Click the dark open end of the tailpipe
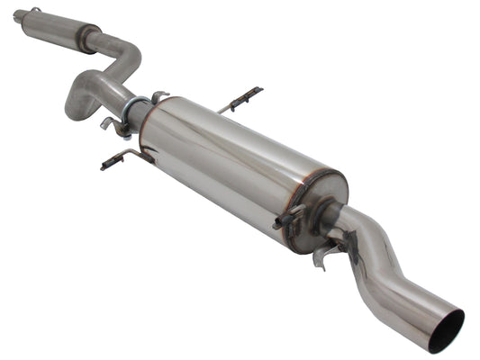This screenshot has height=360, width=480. click(x=446, y=330)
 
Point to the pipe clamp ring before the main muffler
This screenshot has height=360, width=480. click(x=132, y=112)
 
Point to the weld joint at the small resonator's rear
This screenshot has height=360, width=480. click(x=88, y=39)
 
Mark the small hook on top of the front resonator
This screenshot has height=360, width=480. click(x=35, y=10)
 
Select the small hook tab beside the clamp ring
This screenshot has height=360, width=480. click(x=158, y=95)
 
